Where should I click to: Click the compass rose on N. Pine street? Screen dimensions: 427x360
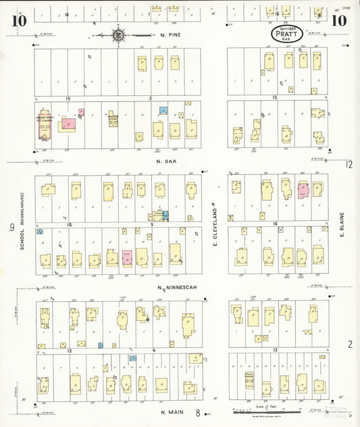(x=118, y=33)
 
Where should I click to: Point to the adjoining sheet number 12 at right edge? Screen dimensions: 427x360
(x=349, y=164)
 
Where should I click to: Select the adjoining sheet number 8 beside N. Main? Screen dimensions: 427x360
(x=198, y=410)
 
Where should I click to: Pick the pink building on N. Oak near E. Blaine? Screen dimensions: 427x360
(x=303, y=191)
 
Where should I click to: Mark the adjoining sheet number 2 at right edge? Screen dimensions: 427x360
(x=350, y=344)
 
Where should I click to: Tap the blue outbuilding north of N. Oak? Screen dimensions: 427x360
(x=162, y=109)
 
